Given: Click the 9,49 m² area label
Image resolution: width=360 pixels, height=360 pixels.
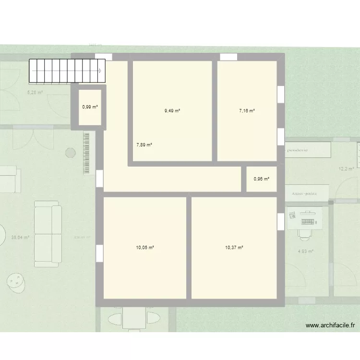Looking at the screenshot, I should click(x=172, y=111).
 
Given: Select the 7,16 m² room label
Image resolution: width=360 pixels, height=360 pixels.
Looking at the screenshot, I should click(x=247, y=111).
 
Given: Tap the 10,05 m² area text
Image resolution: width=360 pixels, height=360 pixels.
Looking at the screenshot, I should click(x=144, y=248).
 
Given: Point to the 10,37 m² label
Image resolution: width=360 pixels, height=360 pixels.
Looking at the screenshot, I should click(x=234, y=248).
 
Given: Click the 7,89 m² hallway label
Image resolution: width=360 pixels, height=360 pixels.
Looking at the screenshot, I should click(x=144, y=144).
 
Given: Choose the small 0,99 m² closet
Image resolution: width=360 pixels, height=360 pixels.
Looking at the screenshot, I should click(x=90, y=107).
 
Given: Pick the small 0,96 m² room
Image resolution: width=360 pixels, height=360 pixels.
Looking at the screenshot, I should click(x=262, y=179).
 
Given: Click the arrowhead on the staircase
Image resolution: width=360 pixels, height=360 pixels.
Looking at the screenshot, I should click(x=100, y=71).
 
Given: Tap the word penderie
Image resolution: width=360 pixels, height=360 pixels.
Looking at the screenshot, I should click(x=298, y=150).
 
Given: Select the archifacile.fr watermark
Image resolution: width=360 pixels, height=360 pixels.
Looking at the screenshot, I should click(x=331, y=326).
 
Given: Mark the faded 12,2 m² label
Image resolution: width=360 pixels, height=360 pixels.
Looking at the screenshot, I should click(x=346, y=169).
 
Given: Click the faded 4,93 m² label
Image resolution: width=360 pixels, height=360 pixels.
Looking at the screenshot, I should click(x=306, y=251).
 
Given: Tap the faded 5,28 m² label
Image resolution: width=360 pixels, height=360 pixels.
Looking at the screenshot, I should click(x=35, y=93).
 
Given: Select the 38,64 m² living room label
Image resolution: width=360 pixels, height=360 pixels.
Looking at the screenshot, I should click(x=20, y=237).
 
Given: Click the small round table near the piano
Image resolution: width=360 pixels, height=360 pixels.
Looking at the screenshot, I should click(x=71, y=153).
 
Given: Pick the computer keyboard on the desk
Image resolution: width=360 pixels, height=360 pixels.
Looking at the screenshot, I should click(x=309, y=221).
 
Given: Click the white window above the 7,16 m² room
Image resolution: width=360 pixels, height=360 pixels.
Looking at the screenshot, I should click(x=228, y=57).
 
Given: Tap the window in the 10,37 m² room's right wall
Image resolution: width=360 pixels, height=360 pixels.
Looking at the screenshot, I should click(x=280, y=221).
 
